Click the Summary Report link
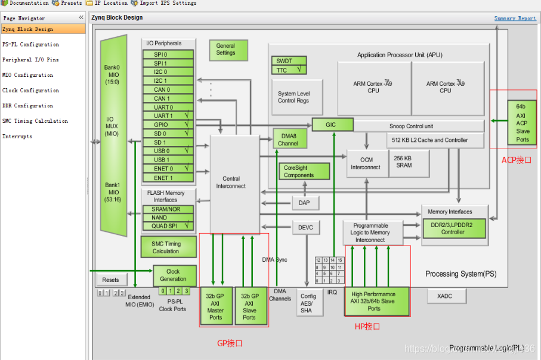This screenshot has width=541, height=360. coord(515,18)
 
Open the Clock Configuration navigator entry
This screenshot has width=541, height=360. coord(30,91)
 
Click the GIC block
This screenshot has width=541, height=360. coord(332,125)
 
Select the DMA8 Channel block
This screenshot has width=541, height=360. coord(289,139)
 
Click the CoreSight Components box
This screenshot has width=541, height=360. coord(304,172)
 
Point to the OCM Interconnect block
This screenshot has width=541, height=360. coord(366,163)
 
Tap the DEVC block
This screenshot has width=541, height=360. coord(306,228)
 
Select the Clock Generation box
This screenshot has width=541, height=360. coord(174,275)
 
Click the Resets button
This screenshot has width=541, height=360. coord(111,280)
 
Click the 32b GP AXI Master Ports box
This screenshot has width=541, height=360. coord(216,306)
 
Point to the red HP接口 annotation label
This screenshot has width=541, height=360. coord(367,326)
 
